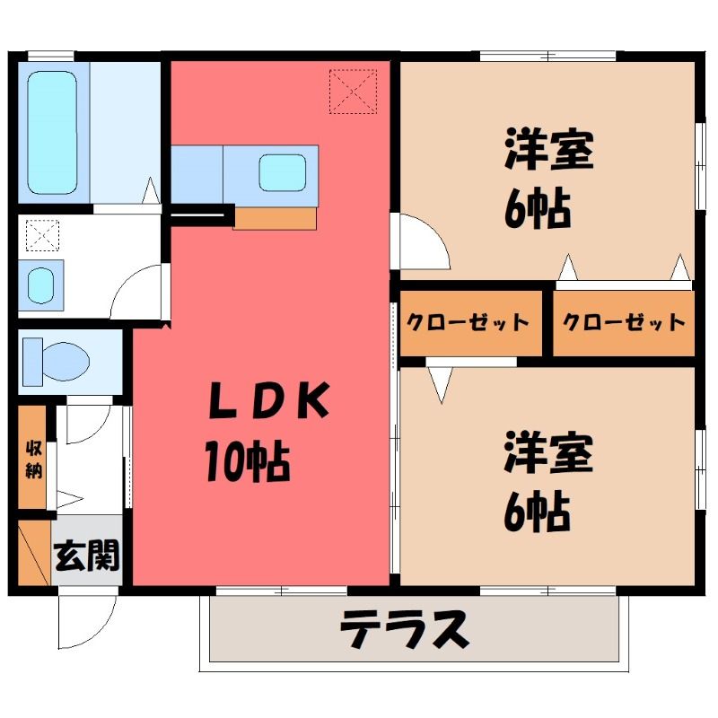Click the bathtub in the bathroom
pos(52,133)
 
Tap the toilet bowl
pos(66,362)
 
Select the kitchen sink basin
pos(283,172)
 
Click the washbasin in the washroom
pos(41,285)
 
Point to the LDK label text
pos(268,400)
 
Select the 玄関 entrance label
pos(87,555)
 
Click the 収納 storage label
pos(33,459)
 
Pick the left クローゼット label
pos(468,322)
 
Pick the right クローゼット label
pos(624,322)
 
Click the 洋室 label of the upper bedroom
pos(549,150)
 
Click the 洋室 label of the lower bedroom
pos(548,453)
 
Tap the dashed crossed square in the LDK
pos(353,92)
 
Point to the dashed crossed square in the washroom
pos(42,235)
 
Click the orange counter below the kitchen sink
pos(275,218)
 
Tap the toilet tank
pos(32,362)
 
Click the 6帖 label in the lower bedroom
pos(537,512)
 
